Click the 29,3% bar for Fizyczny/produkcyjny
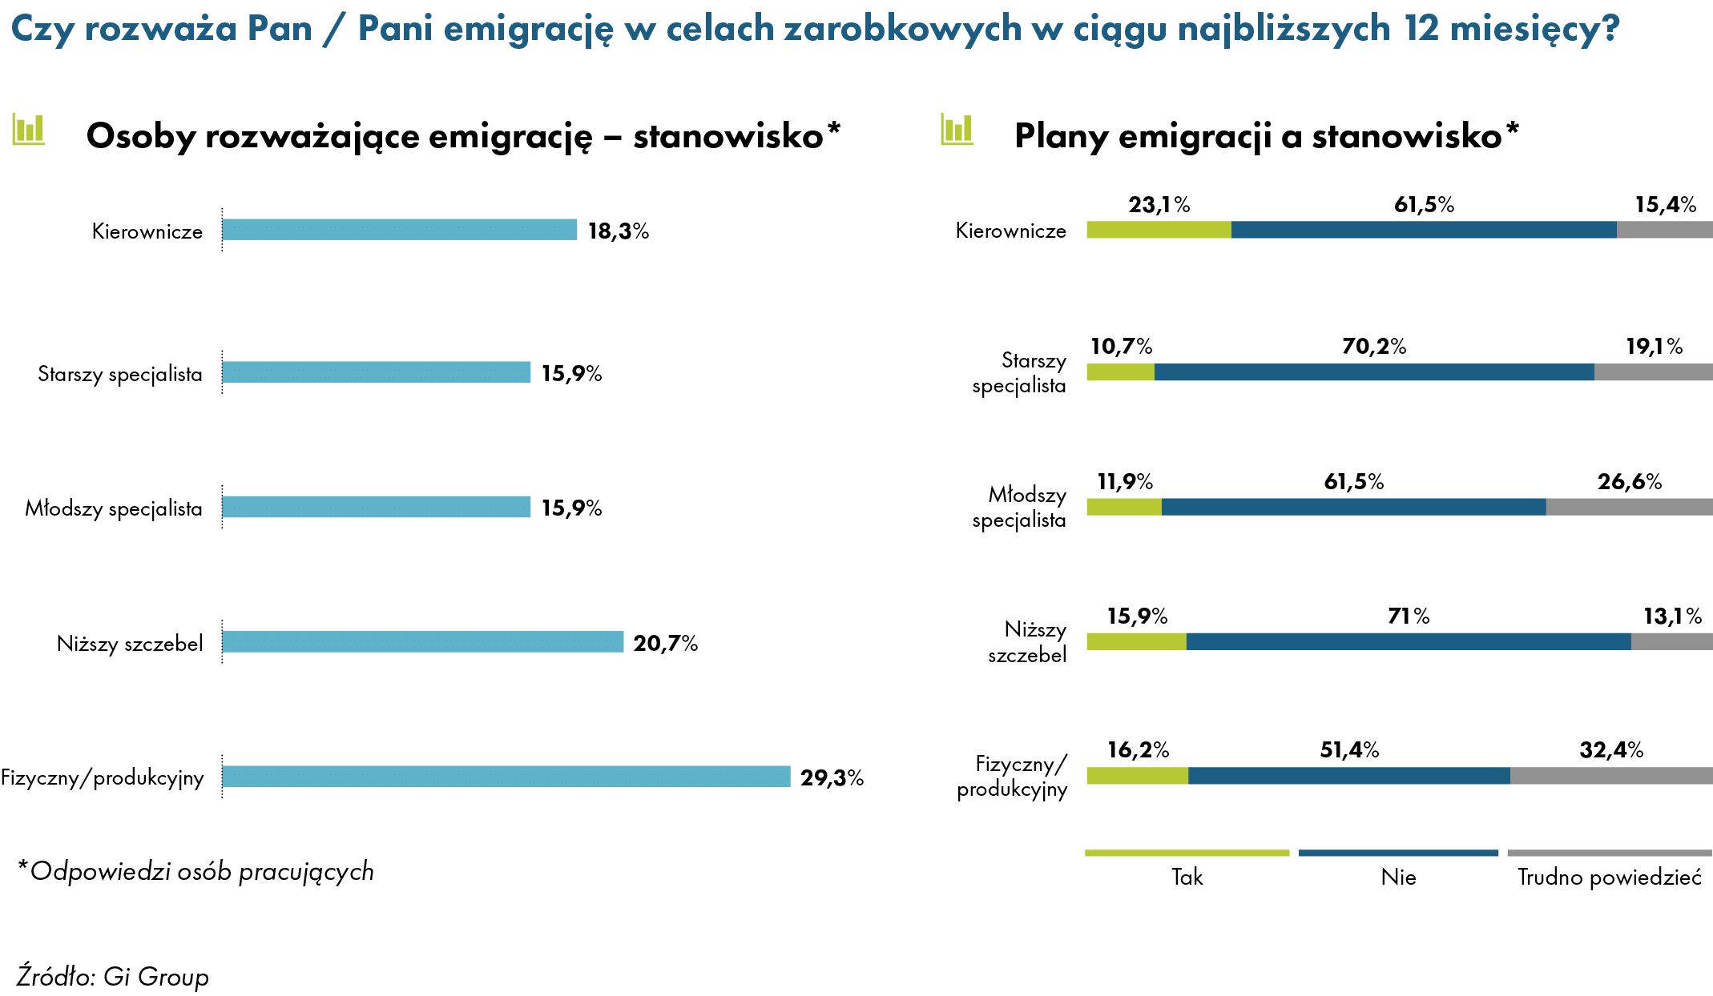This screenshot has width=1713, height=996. click(506, 776)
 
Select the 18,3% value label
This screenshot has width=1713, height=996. click(619, 231)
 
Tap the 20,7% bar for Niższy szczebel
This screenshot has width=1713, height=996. click(423, 641)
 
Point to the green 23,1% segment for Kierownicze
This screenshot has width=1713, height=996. click(1159, 230)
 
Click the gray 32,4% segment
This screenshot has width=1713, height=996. click(1611, 775)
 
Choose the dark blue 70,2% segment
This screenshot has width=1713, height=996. click(1374, 371)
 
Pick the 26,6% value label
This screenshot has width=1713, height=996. click(1630, 481)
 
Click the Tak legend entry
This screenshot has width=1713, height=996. click(1187, 877)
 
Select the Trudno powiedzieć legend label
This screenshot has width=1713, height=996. click(1610, 877)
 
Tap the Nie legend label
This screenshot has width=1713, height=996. click(1399, 877)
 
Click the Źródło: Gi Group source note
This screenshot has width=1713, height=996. click(113, 976)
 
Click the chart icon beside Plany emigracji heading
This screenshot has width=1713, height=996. click(957, 130)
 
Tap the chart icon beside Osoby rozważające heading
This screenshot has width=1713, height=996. click(29, 129)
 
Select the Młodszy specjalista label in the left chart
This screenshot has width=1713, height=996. click(114, 508)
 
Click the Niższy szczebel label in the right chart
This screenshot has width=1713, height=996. click(1027, 642)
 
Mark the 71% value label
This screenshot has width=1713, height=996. click(1409, 616)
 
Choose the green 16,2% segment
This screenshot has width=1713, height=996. click(1138, 775)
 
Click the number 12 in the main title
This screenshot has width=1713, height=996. click(1422, 29)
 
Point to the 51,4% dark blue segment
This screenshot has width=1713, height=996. click(1349, 775)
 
